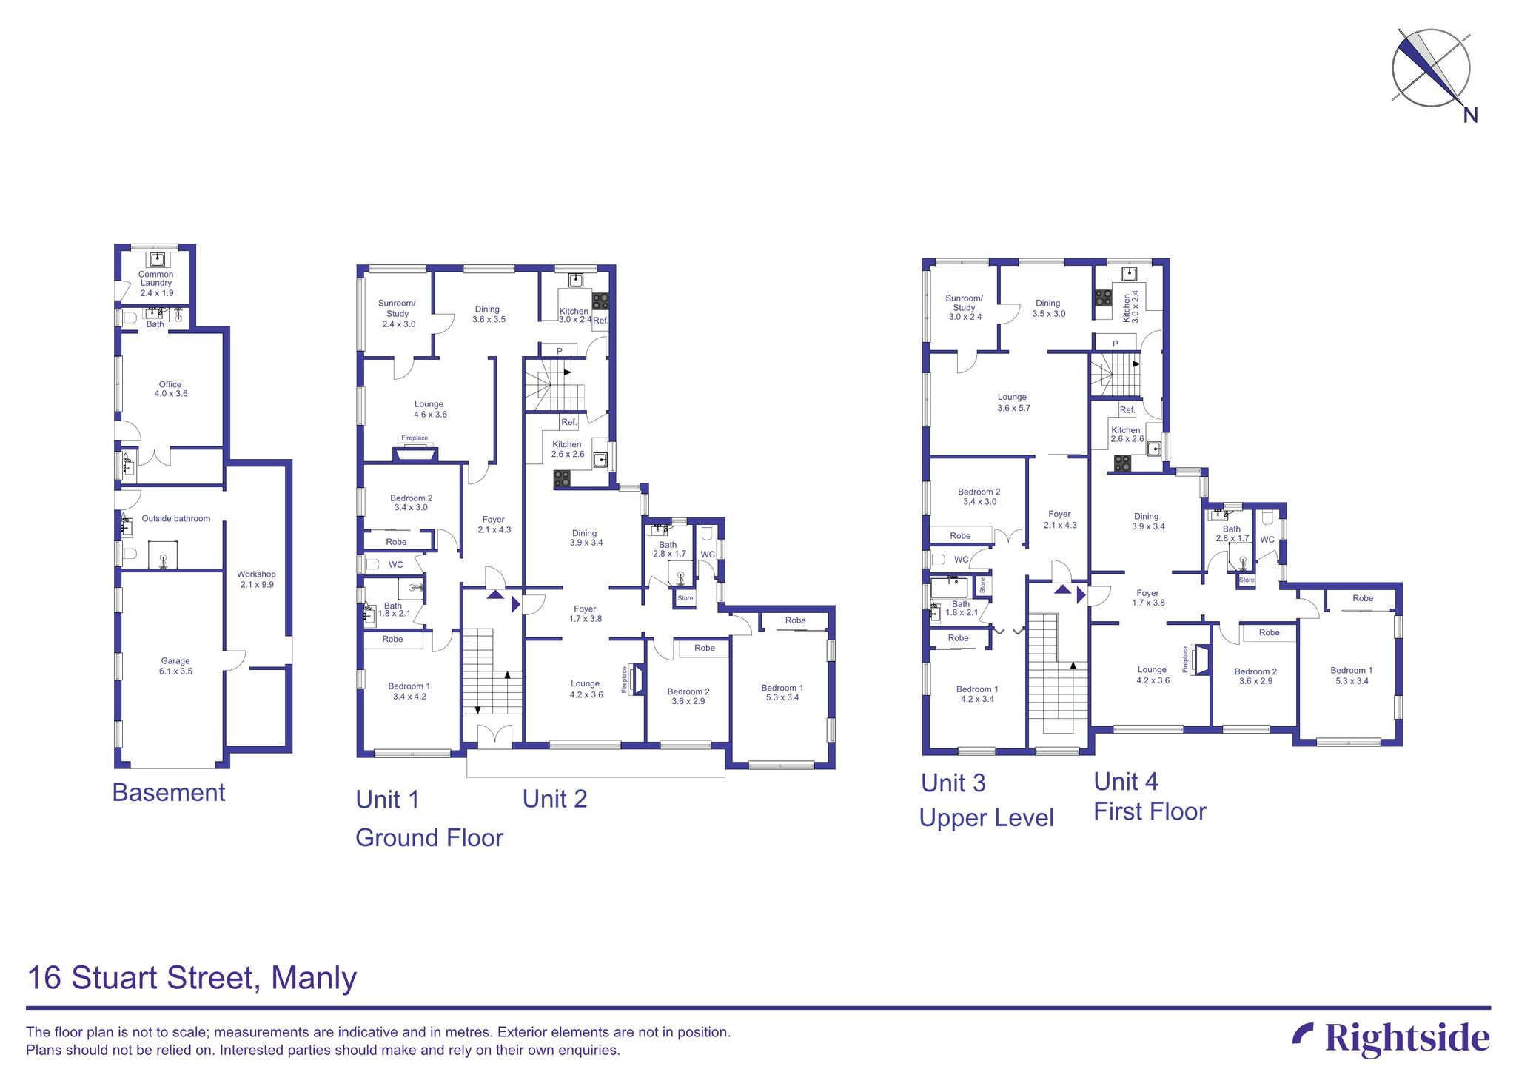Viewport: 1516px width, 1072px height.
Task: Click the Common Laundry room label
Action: (155, 284)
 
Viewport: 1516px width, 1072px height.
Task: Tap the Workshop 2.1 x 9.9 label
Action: (256, 579)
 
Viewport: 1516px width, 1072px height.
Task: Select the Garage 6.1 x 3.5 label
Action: (175, 666)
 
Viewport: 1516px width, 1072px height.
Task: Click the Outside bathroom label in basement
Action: (175, 518)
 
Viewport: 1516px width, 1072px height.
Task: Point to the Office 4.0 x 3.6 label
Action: (170, 389)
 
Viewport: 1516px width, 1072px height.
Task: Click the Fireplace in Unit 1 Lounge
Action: (415, 452)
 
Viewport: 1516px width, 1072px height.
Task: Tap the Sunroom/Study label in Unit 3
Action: (964, 307)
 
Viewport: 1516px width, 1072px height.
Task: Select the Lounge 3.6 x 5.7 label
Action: (1013, 402)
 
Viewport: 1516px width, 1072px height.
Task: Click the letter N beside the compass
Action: (1470, 115)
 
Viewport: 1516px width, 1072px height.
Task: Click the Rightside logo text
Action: (1406, 1038)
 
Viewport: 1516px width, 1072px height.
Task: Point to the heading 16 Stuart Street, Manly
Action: (192, 977)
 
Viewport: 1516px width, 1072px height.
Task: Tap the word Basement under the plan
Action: (168, 792)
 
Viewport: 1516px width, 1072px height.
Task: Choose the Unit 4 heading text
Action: (1126, 781)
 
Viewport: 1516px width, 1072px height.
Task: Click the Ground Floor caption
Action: (429, 837)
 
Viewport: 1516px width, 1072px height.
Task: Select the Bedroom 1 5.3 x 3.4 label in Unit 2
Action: (782, 692)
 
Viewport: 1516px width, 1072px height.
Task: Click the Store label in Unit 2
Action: (685, 598)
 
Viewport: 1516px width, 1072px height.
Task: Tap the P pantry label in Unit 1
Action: (560, 351)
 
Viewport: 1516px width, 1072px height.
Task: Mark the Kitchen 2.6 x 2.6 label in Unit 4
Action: (1126, 434)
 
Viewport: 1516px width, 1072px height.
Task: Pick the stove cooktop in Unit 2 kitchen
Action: (563, 479)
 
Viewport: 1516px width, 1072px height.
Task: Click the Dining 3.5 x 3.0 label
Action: (1048, 308)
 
